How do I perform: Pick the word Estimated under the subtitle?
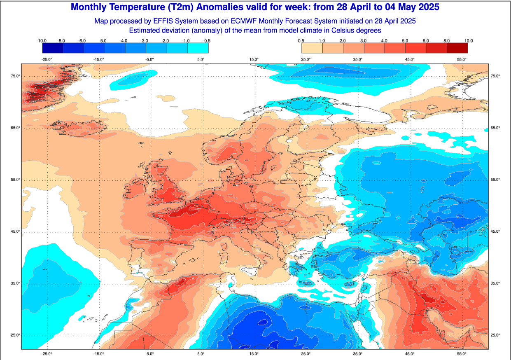(145, 30)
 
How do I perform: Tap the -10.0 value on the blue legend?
(41, 41)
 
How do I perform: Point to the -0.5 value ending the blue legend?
(207, 41)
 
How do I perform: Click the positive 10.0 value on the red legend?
(468, 41)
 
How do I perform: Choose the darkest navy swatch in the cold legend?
(52, 48)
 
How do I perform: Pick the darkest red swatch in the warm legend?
(457, 48)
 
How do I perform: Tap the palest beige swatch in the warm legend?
(312, 48)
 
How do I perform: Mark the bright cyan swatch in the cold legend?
(198, 48)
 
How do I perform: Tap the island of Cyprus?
(350, 284)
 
